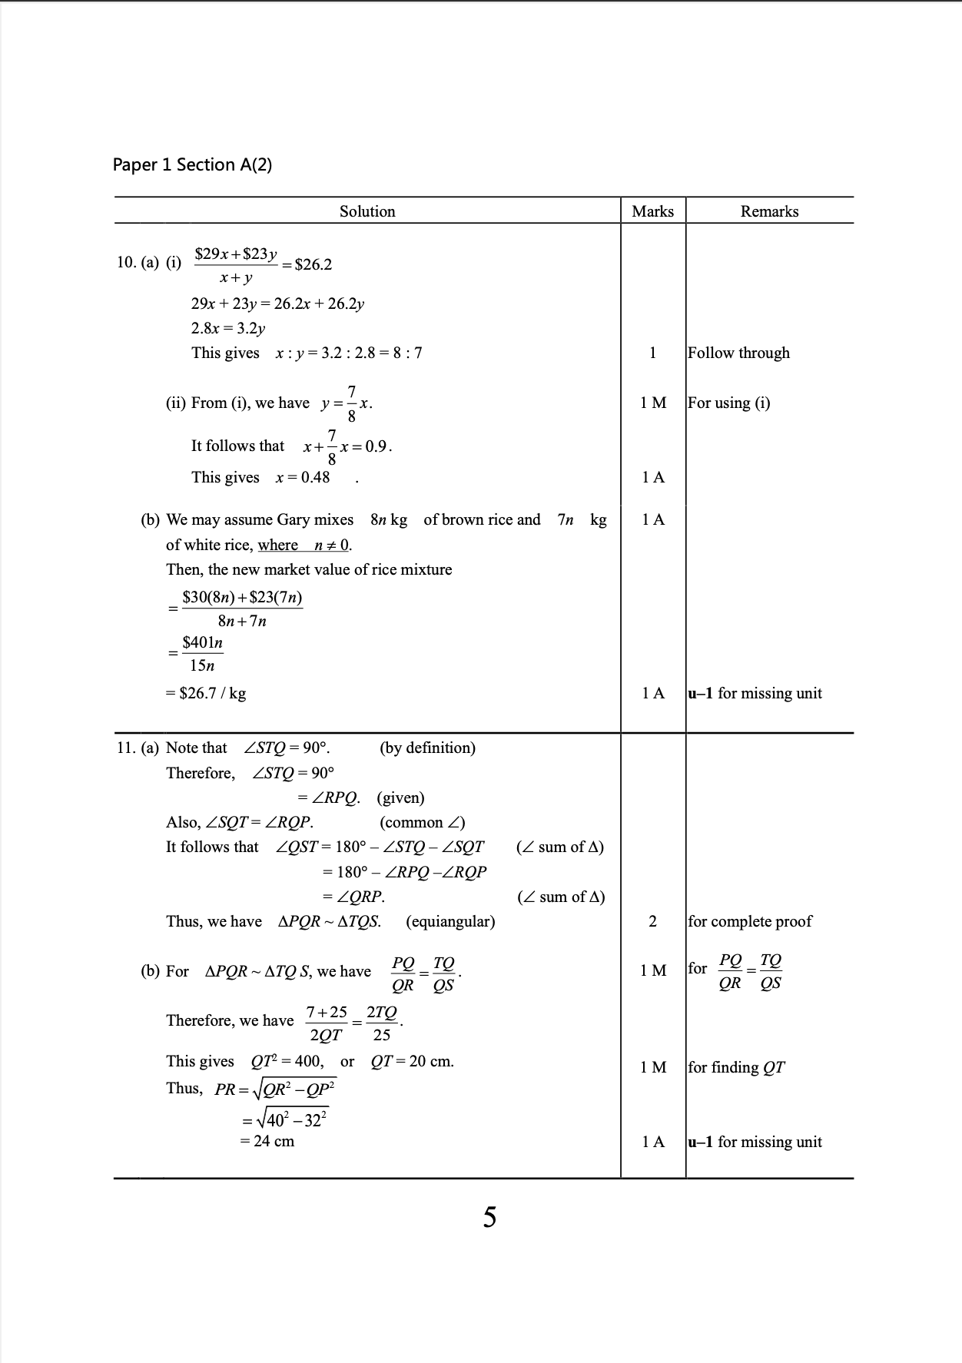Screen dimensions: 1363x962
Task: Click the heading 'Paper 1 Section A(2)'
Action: (192, 164)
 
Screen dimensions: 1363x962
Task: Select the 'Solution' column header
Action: (367, 211)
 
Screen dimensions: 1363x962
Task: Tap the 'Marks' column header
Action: (652, 211)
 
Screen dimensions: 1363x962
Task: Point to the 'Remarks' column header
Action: (769, 211)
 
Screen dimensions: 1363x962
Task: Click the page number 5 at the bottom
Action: (489, 1217)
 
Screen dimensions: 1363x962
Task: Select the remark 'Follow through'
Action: (738, 353)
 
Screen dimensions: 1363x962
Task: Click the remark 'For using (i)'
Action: (728, 403)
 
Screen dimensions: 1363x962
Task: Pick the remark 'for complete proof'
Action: (750, 921)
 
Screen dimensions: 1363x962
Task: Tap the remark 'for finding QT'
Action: (736, 1067)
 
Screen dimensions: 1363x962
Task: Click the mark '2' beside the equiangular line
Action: (652, 921)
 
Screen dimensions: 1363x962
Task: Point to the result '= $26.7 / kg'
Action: (206, 693)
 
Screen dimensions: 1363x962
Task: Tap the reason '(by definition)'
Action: (427, 748)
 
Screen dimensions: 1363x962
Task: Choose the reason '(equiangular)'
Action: (450, 921)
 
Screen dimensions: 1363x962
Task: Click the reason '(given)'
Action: (400, 798)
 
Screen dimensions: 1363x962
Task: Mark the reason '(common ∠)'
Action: (422, 822)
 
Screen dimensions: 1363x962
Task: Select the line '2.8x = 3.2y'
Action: (228, 328)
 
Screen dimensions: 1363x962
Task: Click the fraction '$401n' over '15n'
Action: (202, 653)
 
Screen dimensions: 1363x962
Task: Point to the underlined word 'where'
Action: (277, 545)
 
